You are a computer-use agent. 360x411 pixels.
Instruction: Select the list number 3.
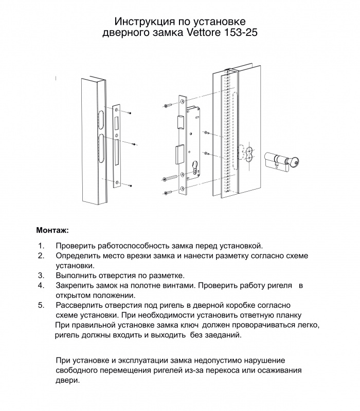tap(40, 275)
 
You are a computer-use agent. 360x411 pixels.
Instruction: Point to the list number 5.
tap(40, 305)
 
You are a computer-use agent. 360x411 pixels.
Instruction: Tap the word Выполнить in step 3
tap(77, 275)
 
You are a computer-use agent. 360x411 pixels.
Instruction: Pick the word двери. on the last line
tap(67, 381)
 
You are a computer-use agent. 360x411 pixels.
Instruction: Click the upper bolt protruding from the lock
tap(180, 121)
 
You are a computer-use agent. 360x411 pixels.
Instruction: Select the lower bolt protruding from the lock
tap(180, 153)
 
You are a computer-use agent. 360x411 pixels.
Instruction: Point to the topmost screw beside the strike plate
tap(131, 112)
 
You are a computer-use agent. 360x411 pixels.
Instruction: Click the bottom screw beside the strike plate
tap(131, 184)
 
